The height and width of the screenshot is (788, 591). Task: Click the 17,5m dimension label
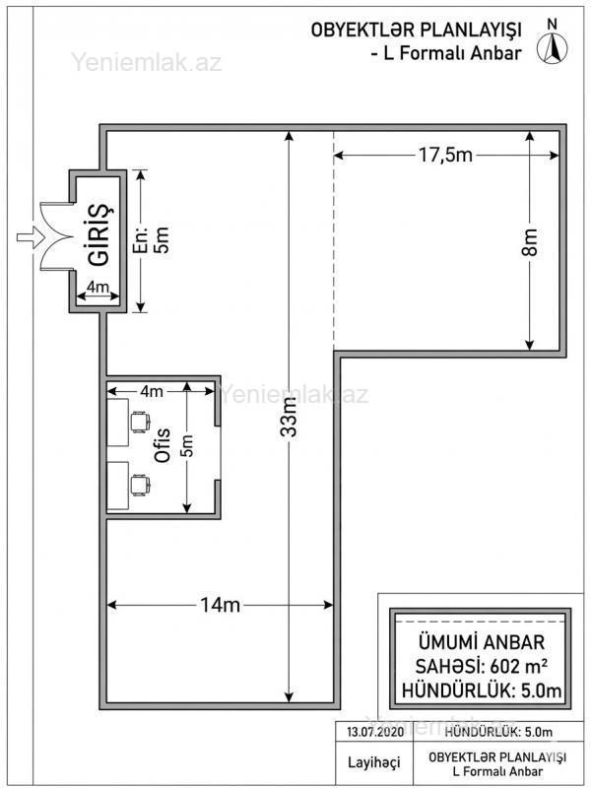tap(445, 155)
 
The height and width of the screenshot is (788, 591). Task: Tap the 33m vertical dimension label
tap(289, 419)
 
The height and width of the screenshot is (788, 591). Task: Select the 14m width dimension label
tap(220, 605)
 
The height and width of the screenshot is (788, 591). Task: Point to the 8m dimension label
tap(530, 241)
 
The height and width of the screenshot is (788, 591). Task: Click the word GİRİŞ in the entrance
tap(99, 234)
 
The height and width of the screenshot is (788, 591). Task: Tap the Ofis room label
tap(163, 445)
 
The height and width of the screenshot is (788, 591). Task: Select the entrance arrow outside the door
tap(31, 236)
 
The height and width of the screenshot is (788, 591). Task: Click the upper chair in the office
tap(140, 422)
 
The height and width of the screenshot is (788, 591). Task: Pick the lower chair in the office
tap(140, 485)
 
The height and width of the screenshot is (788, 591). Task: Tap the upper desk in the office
tap(117, 423)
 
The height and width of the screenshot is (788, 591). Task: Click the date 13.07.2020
tap(375, 732)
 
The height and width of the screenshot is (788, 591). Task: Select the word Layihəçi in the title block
tap(374, 761)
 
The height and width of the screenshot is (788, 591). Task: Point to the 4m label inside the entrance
tap(98, 287)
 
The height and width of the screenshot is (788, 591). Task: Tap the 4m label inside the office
tap(152, 391)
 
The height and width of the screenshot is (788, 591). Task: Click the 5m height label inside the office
tap(187, 446)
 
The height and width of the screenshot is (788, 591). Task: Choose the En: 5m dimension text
tap(154, 240)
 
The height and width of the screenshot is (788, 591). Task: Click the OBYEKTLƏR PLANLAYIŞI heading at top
tap(416, 31)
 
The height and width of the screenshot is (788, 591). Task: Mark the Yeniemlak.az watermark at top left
tap(146, 62)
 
